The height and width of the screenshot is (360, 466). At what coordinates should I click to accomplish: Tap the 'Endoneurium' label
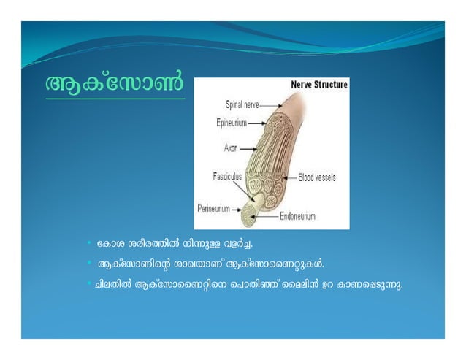299,216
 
